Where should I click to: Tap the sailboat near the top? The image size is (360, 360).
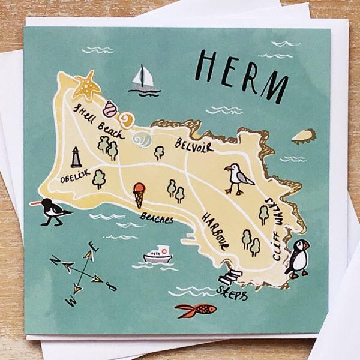(x=144, y=80)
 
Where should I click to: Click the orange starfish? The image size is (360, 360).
(x=88, y=86)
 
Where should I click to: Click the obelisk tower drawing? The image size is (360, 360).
(x=76, y=157)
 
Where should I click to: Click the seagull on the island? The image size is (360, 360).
(x=238, y=178)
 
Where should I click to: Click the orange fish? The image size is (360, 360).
(x=197, y=310)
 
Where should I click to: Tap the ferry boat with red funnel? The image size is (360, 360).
(x=157, y=254)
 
